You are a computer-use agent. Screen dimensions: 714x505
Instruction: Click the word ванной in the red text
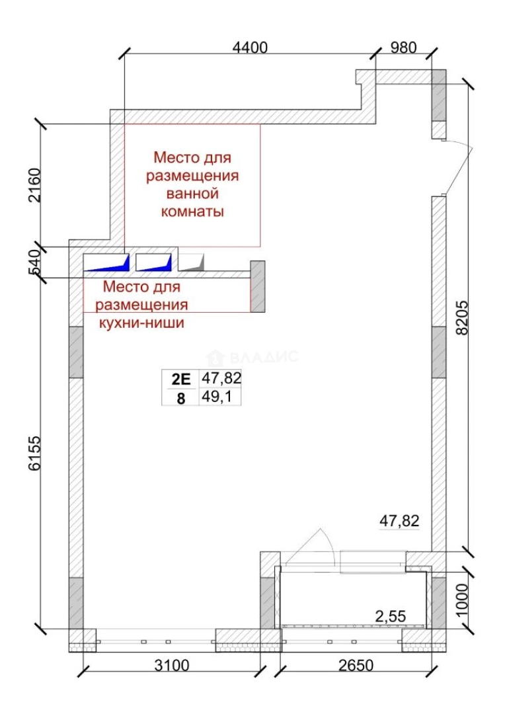tap(192, 194)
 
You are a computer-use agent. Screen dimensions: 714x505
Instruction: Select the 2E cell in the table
tap(180, 379)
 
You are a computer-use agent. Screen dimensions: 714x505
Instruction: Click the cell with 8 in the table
tap(180, 397)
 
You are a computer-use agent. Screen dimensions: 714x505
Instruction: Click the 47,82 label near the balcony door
tap(399, 521)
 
